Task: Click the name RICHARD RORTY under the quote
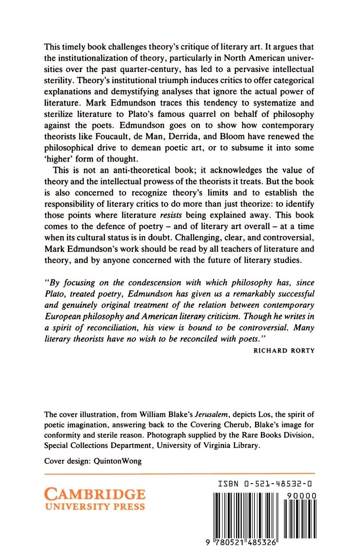(284, 350)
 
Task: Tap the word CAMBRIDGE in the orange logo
(94, 494)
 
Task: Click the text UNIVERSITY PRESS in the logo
(94, 507)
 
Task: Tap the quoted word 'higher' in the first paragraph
(58, 158)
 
